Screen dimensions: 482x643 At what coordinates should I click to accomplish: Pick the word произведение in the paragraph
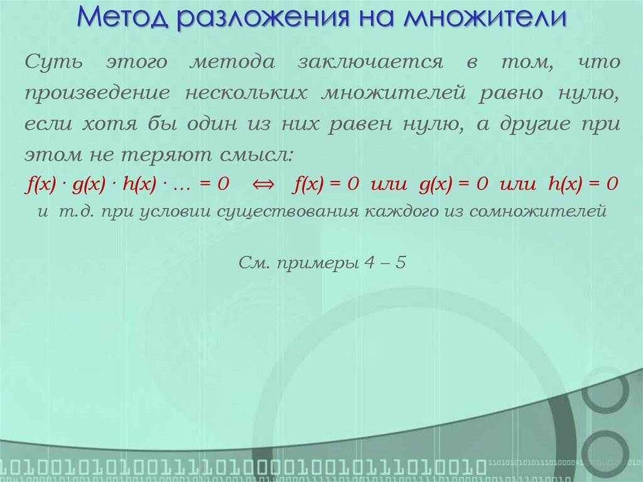coord(97,93)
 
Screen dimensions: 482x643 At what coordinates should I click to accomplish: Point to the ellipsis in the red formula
coord(181,185)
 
